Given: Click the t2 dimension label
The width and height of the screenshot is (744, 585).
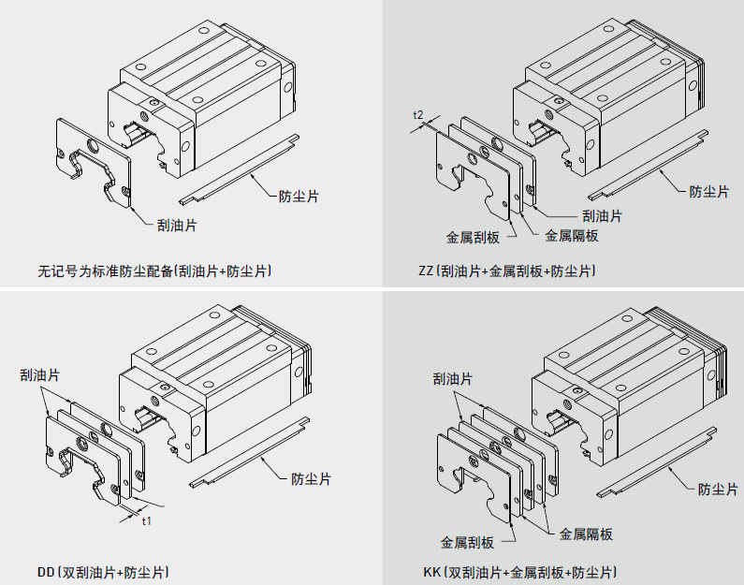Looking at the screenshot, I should (419, 114).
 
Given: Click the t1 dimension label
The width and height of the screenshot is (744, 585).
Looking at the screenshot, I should (146, 520).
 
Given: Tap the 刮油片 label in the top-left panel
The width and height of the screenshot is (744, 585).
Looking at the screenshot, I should (177, 225).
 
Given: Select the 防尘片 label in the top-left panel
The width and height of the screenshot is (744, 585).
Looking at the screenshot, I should (299, 197).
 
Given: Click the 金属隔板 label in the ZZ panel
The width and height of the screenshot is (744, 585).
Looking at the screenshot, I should (572, 236).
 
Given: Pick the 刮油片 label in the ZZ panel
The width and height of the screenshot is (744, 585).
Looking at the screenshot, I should (603, 216).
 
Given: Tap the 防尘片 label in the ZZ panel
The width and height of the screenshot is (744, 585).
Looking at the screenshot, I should (709, 191).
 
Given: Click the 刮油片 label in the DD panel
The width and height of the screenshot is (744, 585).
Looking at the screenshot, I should (40, 374).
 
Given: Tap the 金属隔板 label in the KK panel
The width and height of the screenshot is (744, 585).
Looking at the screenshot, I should (586, 534).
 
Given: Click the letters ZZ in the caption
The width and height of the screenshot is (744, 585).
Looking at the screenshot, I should (427, 271).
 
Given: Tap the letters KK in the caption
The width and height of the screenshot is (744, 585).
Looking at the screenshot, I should (430, 572).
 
